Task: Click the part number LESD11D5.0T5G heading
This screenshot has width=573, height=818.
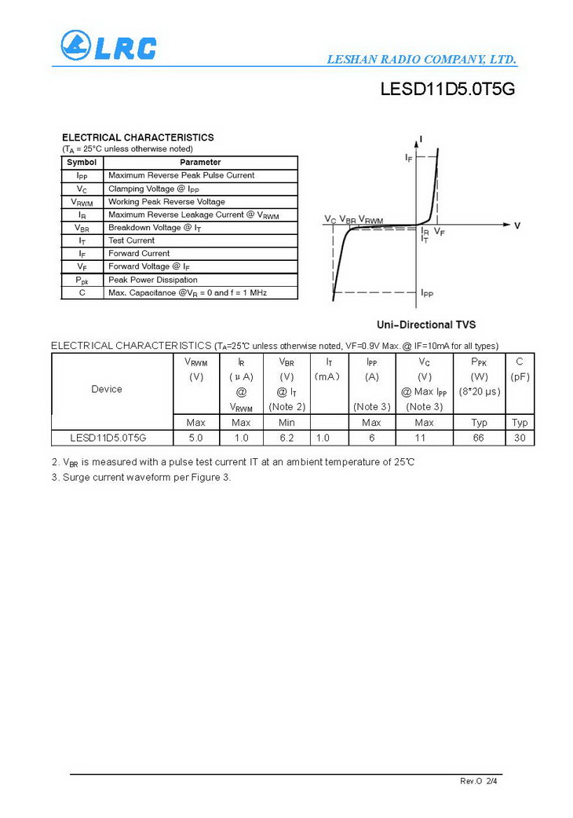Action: pyautogui.click(x=447, y=90)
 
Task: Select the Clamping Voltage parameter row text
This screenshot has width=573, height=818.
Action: pyautogui.click(x=154, y=189)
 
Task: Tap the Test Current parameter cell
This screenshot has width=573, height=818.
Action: pyautogui.click(x=132, y=240)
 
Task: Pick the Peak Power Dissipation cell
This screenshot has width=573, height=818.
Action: pyautogui.click(x=153, y=280)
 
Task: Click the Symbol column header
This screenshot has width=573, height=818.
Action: pyautogui.click(x=82, y=163)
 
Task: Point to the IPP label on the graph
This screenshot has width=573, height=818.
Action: pyautogui.click(x=427, y=293)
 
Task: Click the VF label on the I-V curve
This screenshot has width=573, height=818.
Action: pyautogui.click(x=440, y=233)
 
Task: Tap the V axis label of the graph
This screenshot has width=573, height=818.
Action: pyautogui.click(x=517, y=226)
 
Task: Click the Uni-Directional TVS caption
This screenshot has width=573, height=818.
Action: pyautogui.click(x=426, y=325)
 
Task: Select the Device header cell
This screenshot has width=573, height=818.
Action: pyautogui.click(x=107, y=389)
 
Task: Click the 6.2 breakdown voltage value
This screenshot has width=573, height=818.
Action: pyautogui.click(x=286, y=438)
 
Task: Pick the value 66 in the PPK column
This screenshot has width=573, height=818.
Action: pyautogui.click(x=479, y=438)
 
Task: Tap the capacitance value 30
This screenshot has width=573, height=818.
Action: pyautogui.click(x=520, y=438)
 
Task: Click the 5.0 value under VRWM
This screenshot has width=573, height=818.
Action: pyautogui.click(x=195, y=438)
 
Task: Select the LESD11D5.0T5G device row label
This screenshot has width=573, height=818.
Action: pyautogui.click(x=108, y=438)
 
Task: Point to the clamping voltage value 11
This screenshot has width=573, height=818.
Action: pyautogui.click(x=424, y=438)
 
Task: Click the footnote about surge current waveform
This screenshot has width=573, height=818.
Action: pyautogui.click(x=141, y=477)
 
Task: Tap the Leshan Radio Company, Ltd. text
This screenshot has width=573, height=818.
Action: pyautogui.click(x=421, y=60)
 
